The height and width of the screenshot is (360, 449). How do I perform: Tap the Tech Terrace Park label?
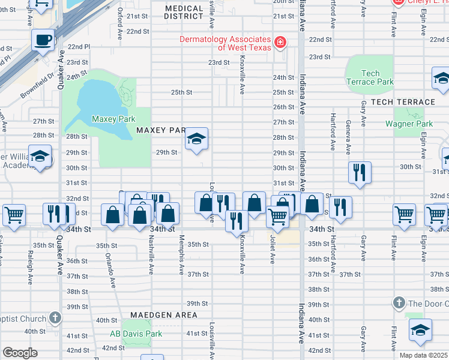coord(370,77)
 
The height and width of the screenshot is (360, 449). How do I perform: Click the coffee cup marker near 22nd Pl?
coord(43,41)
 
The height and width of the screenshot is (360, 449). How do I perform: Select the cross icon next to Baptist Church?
coord(55,317)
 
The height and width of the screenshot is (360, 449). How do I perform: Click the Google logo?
coord(20,353)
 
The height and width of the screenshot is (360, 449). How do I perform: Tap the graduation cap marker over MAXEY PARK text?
coord(196,140)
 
